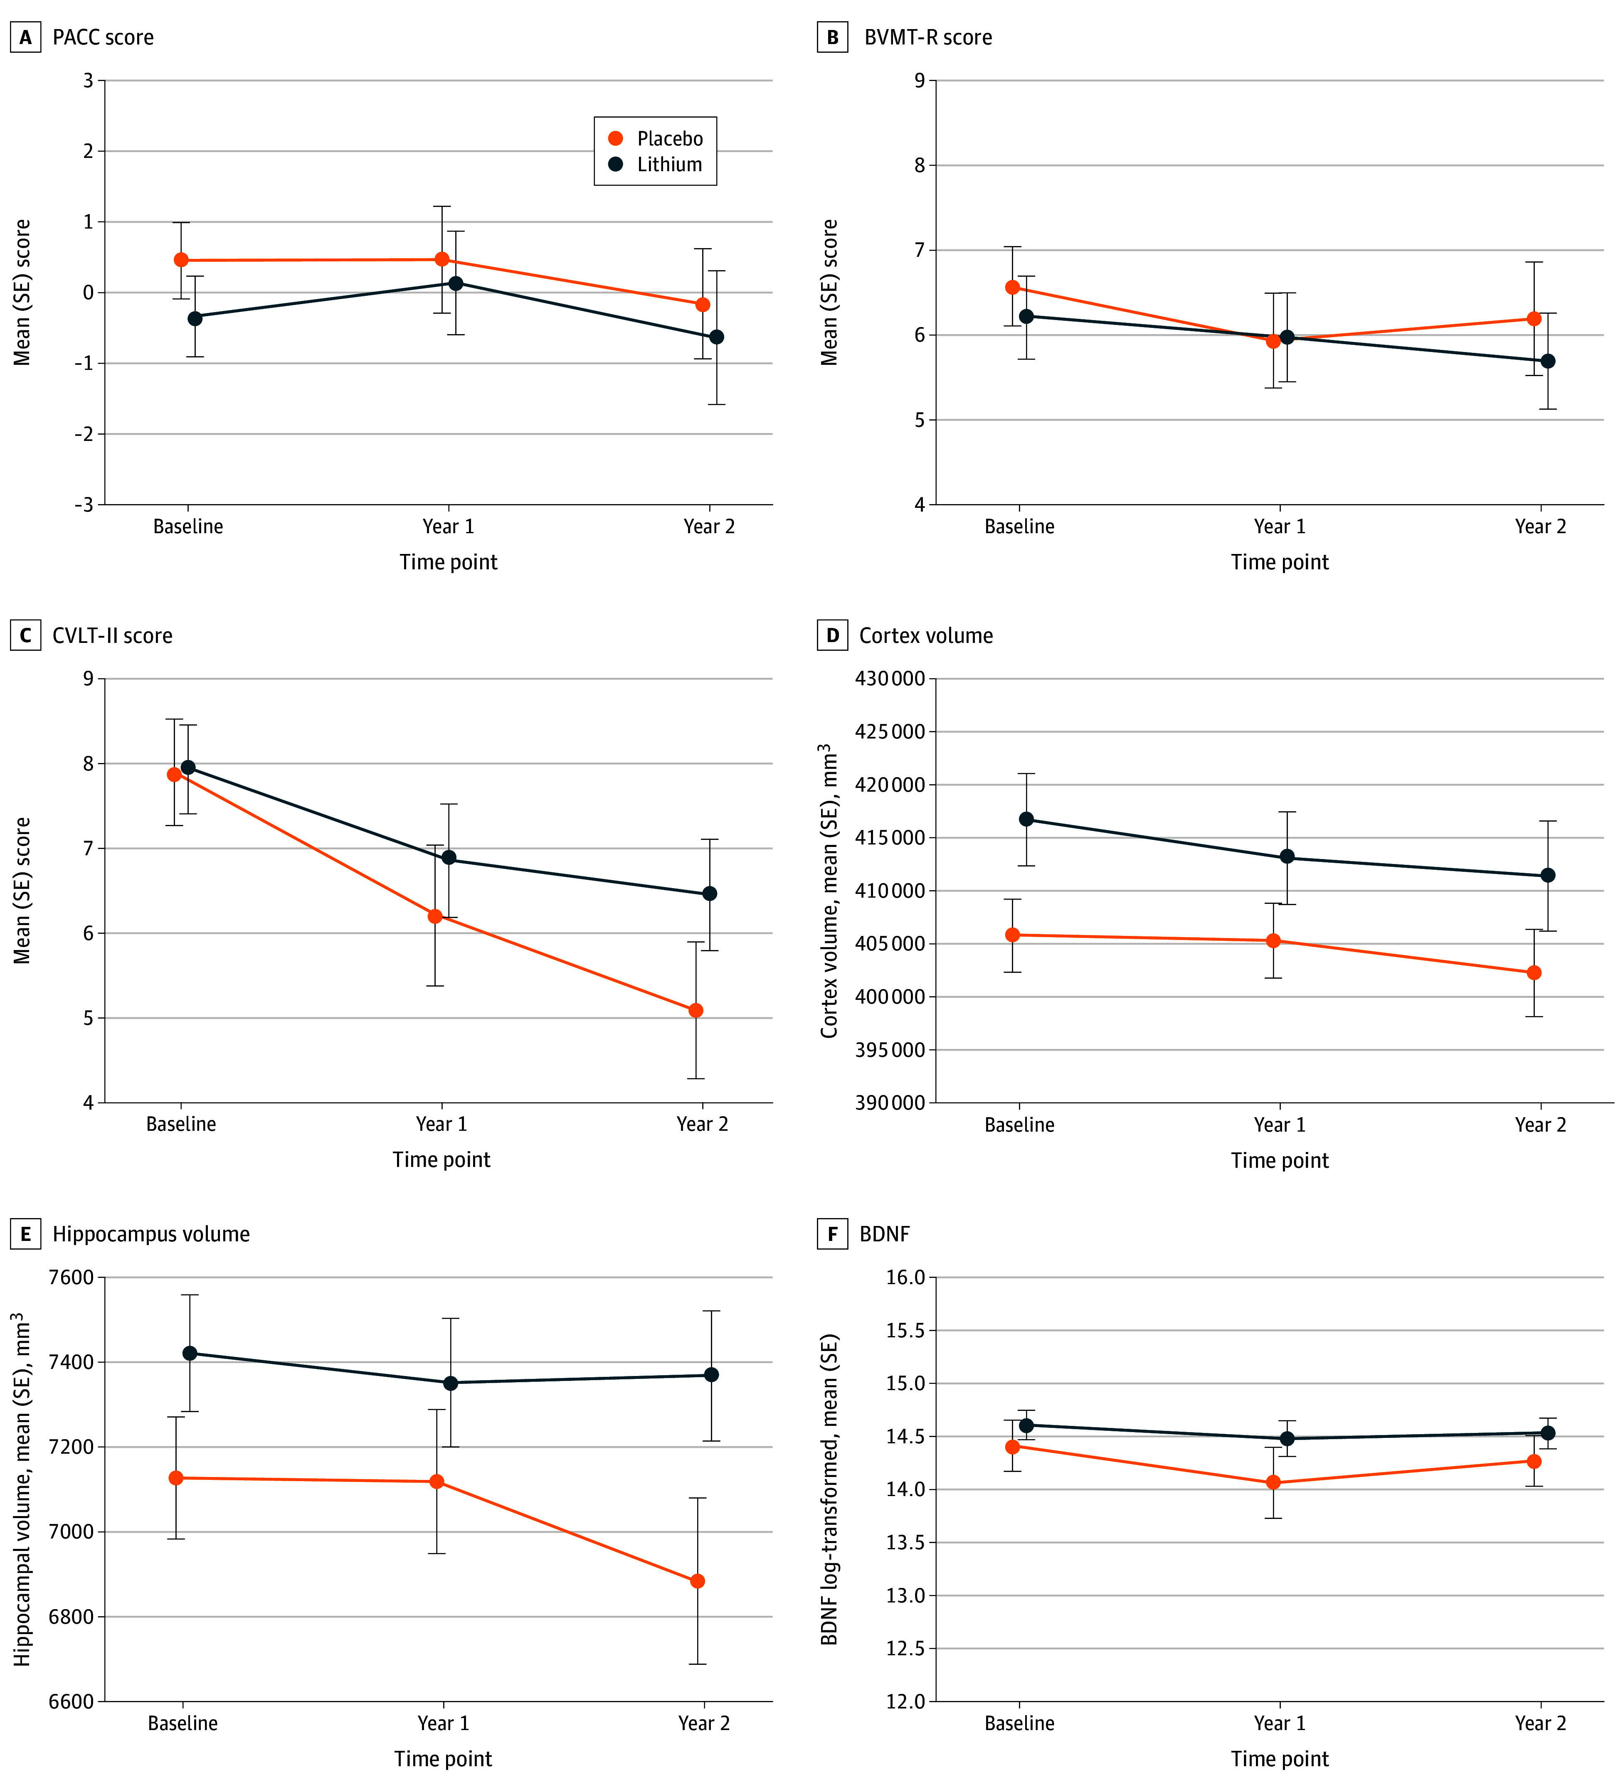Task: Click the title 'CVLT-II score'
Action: click(x=113, y=635)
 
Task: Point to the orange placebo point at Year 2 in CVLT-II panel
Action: click(x=696, y=1011)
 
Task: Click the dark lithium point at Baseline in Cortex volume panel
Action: click(x=1026, y=819)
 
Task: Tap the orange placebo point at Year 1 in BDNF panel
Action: click(x=1273, y=1482)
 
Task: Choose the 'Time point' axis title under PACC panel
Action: click(x=449, y=562)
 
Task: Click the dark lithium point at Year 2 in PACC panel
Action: click(x=716, y=337)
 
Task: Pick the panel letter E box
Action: click(x=25, y=1234)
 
